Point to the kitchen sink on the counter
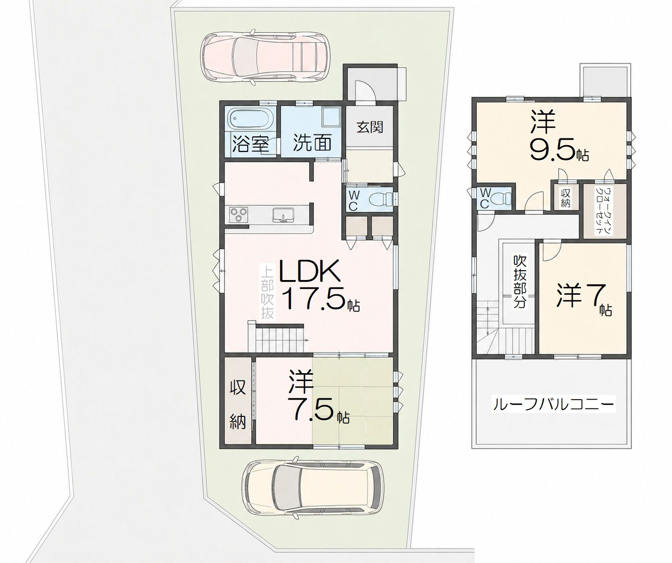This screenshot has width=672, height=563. pyautogui.click(x=283, y=215)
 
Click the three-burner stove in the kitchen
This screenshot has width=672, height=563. pyautogui.click(x=238, y=215)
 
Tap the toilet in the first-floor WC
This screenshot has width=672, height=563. pyautogui.click(x=381, y=199)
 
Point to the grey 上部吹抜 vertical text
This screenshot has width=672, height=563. pyautogui.click(x=267, y=293)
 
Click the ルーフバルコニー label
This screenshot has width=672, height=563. pyautogui.click(x=553, y=405)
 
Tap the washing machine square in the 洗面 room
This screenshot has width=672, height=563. pyautogui.click(x=332, y=116)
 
